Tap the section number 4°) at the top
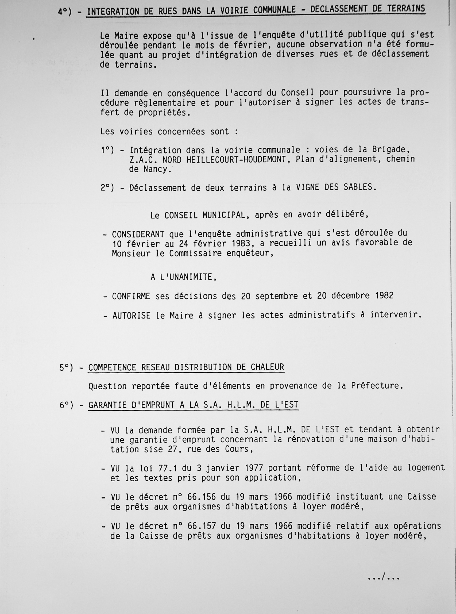point(65,12)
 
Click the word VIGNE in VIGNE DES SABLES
point(309,187)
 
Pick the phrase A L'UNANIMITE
point(183,277)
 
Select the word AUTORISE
point(132,316)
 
